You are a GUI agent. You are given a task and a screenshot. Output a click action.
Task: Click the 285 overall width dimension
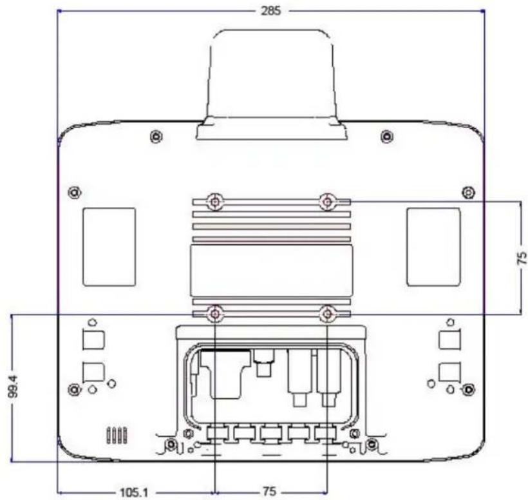tap(270, 11)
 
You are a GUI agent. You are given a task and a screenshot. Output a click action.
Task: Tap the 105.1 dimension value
tap(134, 493)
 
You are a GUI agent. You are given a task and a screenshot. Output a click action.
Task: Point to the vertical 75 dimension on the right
tap(522, 258)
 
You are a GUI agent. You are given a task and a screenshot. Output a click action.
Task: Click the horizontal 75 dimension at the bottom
tap(269, 492)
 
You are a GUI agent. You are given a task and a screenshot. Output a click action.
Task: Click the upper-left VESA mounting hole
tap(215, 202)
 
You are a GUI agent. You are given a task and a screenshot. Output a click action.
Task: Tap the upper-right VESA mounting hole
tap(327, 202)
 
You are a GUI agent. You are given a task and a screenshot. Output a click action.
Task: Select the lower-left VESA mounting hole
tap(215, 314)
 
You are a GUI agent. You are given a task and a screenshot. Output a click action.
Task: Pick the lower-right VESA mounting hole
tap(327, 314)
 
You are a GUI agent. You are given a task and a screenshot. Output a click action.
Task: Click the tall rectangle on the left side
tap(109, 247)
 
